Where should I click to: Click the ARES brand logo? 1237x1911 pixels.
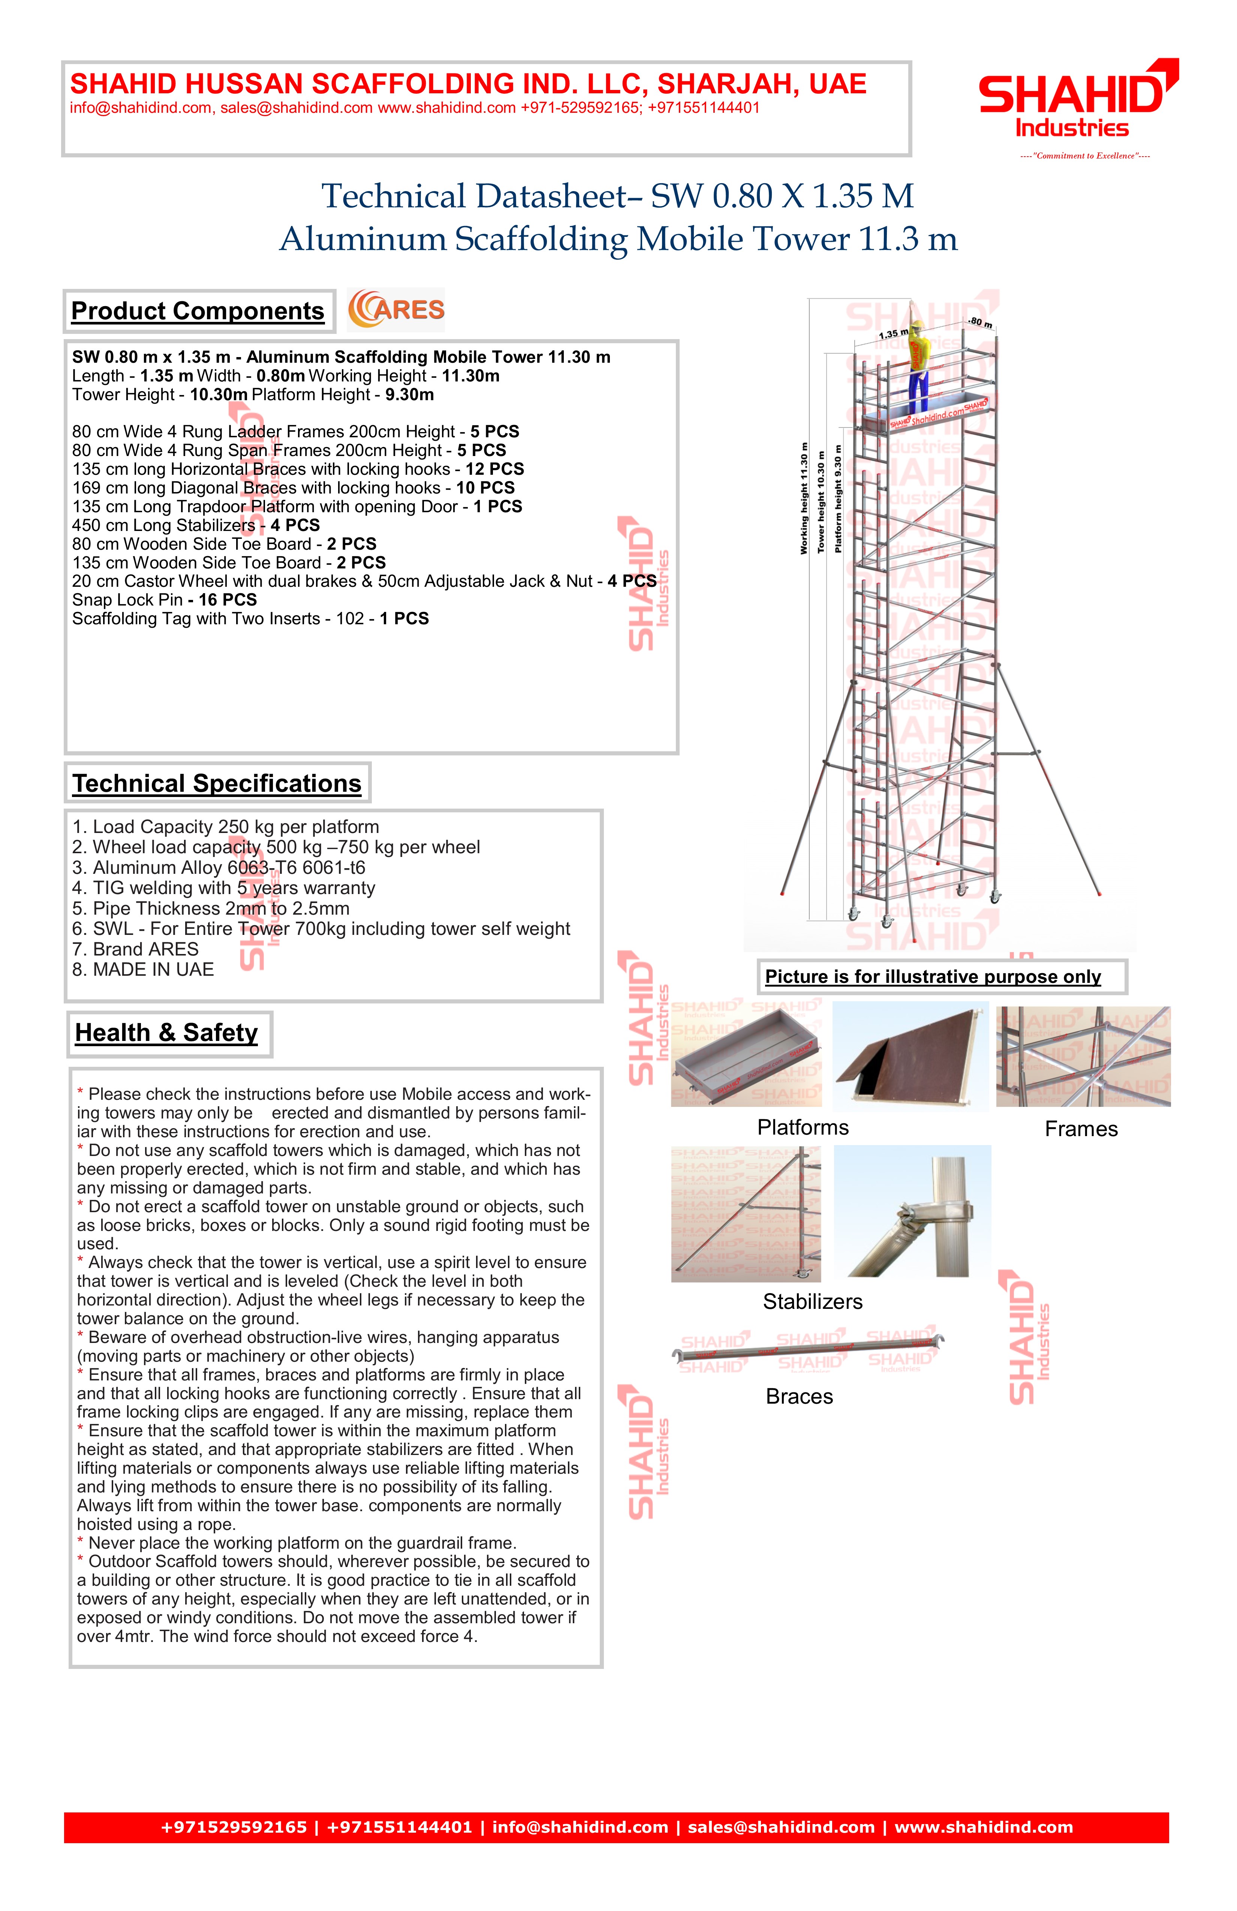pos(396,310)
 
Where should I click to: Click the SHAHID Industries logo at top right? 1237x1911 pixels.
pos(1076,100)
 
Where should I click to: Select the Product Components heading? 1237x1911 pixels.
pos(198,311)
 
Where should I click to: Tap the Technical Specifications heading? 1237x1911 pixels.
pos(217,783)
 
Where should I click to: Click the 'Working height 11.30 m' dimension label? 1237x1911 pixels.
pos(803,498)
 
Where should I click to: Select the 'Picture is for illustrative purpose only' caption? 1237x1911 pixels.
pos(933,976)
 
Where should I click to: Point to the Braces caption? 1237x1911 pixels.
pos(799,1396)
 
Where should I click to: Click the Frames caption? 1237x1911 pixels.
pos(1081,1129)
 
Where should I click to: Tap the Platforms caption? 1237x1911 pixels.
pos(803,1127)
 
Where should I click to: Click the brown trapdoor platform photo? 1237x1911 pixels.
pos(912,1056)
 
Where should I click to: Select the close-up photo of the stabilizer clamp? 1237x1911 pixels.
pos(912,1211)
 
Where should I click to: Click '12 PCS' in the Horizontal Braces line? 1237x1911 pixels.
pos(495,469)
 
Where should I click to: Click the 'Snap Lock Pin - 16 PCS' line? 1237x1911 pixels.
pos(165,600)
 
